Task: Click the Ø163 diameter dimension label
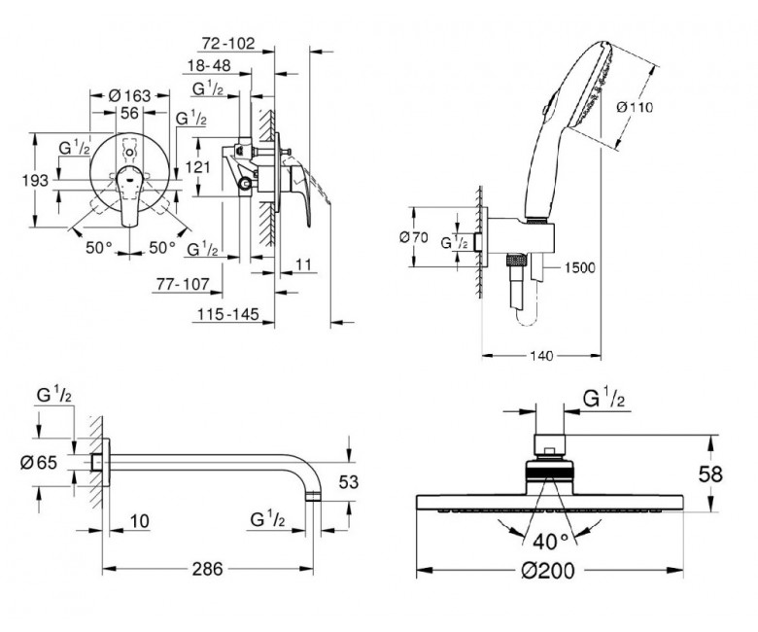pyautogui.click(x=129, y=95)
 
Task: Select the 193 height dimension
pyautogui.click(x=35, y=181)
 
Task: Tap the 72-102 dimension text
pyautogui.click(x=227, y=44)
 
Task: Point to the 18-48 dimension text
pyautogui.click(x=209, y=65)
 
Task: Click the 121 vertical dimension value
pyautogui.click(x=197, y=167)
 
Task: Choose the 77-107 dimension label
pyautogui.click(x=183, y=284)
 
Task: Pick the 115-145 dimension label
pyautogui.click(x=227, y=314)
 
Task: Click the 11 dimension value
pyautogui.click(x=303, y=264)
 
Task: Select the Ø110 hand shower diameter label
pyautogui.click(x=635, y=107)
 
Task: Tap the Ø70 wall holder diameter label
pyautogui.click(x=414, y=237)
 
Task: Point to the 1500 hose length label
pyautogui.click(x=579, y=267)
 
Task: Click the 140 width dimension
pyautogui.click(x=541, y=357)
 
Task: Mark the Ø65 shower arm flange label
pyautogui.click(x=39, y=463)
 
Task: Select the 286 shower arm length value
pyautogui.click(x=207, y=569)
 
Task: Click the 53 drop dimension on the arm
pyautogui.click(x=349, y=481)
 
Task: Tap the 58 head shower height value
pyautogui.click(x=710, y=474)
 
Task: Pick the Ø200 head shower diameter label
pyautogui.click(x=548, y=571)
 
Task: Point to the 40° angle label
pyautogui.click(x=551, y=542)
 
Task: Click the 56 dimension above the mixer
pyautogui.click(x=129, y=113)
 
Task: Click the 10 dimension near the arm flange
pyautogui.click(x=140, y=521)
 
